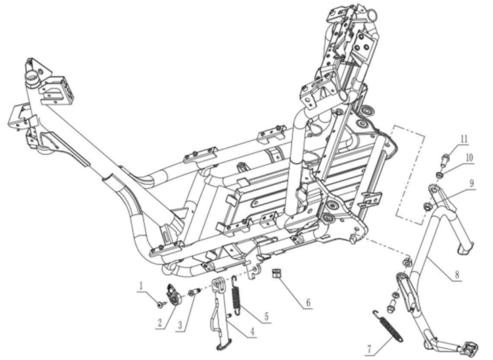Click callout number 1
[141, 286]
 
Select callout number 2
[160, 323]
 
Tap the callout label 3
[180, 325]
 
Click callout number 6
[308, 302]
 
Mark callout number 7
[369, 349]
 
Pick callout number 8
[457, 275]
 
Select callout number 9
[471, 183]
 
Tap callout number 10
[469, 158]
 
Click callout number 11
[465, 139]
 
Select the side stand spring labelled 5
[237, 294]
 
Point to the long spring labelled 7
[388, 326]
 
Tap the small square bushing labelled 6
[277, 273]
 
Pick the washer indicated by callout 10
[438, 174]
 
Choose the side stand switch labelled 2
[173, 294]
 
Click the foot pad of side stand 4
[224, 346]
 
